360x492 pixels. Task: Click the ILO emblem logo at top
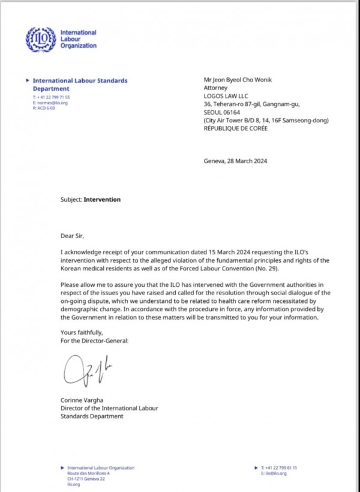(39, 39)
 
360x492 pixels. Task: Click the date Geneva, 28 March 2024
(236, 160)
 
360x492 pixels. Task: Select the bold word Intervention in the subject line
(102, 199)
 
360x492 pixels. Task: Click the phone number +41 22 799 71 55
(56, 97)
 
